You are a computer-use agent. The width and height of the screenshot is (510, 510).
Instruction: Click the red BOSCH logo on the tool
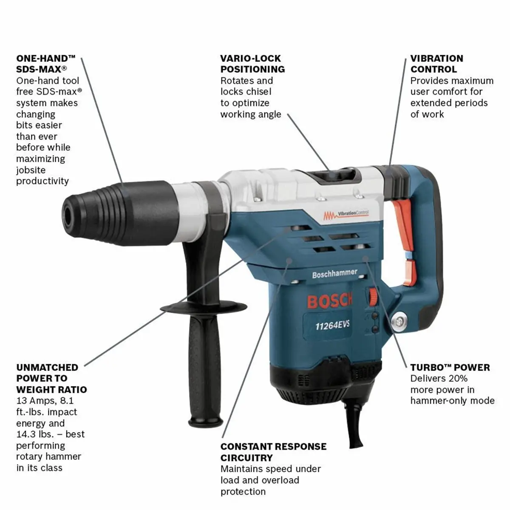pos(329,301)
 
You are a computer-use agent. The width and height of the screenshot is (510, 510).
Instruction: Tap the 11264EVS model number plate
pos(332,325)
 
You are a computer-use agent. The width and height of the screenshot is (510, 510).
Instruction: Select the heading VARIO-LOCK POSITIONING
pos(252,64)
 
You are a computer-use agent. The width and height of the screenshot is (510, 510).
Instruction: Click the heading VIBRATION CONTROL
pos(437,64)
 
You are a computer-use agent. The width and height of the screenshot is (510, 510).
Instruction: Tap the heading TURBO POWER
pos(450,367)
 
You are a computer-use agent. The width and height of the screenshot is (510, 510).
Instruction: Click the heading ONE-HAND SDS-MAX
pos(46,64)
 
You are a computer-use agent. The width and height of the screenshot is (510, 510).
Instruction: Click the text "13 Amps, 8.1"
pos(45,400)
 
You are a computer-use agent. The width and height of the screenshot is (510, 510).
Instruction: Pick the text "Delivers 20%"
pos(439,379)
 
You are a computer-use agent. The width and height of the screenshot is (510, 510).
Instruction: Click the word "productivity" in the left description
pos(42,181)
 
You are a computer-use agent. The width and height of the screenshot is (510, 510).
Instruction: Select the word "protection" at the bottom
pos(243,491)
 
